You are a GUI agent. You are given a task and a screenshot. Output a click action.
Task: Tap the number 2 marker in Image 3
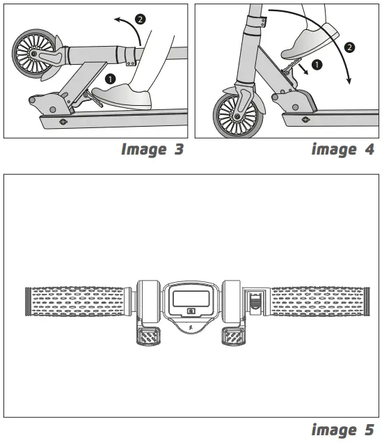[141, 19]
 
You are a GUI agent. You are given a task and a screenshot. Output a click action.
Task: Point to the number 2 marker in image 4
[349, 47]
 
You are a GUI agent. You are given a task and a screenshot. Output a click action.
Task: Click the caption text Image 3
[152, 149]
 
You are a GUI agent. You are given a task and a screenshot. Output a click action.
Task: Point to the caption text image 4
[343, 149]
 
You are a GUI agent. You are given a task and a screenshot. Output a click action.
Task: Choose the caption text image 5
[343, 430]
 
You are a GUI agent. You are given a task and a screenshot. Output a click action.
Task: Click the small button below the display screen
[191, 312]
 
